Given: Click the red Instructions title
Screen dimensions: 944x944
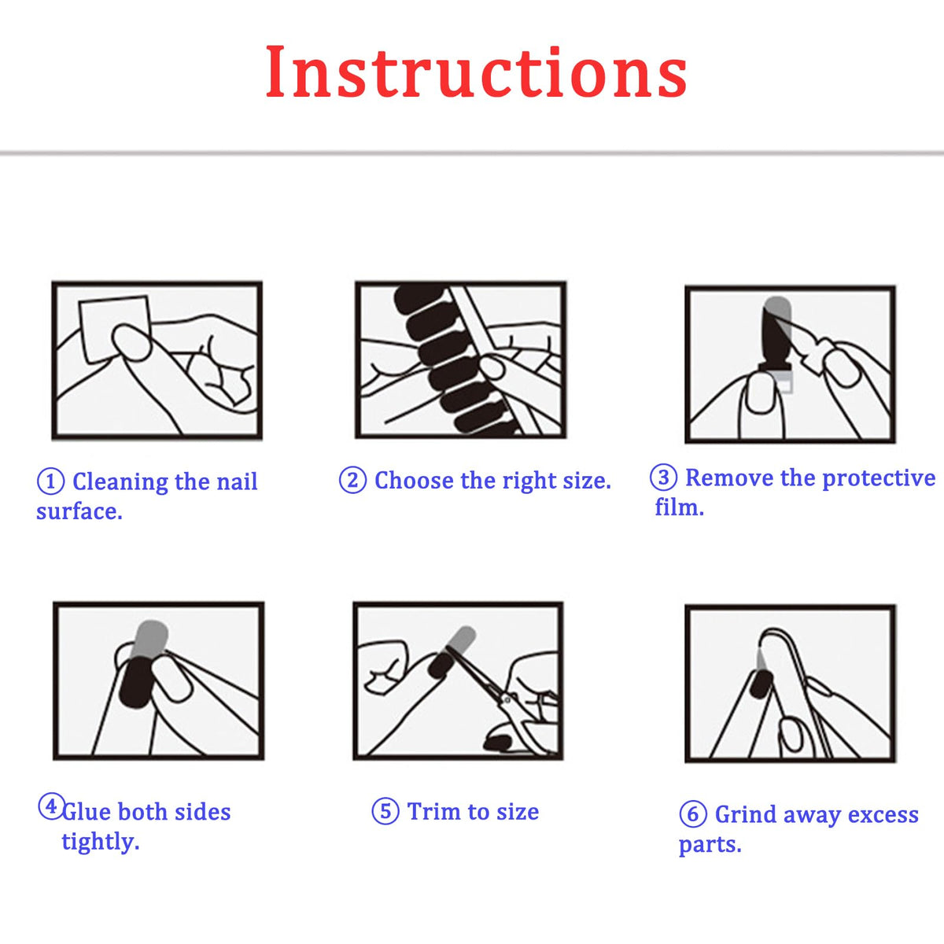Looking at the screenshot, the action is (x=476, y=72).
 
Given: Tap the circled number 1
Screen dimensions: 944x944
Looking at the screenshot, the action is (x=50, y=481).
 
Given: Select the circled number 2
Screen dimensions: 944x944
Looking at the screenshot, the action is (x=352, y=480).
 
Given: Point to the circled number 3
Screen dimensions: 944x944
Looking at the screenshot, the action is (x=663, y=478).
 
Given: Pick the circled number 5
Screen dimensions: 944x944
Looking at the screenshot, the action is (x=385, y=811).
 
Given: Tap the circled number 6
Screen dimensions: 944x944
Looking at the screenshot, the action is (x=693, y=814).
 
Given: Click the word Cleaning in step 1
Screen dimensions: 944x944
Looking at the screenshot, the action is (x=120, y=482).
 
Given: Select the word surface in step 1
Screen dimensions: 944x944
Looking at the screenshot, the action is (x=79, y=511).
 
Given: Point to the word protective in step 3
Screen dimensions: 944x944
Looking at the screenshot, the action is (x=879, y=478).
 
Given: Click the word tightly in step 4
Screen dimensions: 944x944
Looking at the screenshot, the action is (x=101, y=842).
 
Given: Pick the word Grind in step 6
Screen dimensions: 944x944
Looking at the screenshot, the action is (x=746, y=814).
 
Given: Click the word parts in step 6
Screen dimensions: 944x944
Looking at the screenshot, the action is (x=710, y=845).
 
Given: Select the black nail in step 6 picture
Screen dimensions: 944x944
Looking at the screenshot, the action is (x=761, y=685).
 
